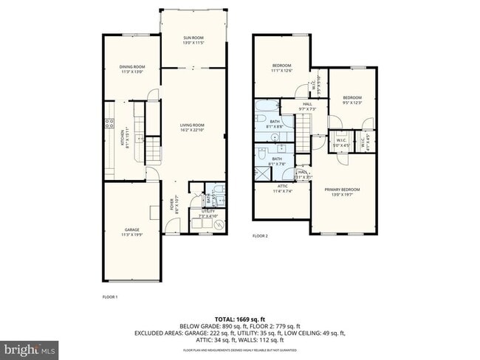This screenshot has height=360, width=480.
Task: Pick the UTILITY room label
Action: [208, 213]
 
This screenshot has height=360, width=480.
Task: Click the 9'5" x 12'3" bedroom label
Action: [352, 100]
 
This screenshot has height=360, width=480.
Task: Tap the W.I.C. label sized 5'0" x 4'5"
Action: [341, 142]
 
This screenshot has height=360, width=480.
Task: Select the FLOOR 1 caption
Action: [109, 297]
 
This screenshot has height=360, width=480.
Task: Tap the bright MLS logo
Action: [31, 347]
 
